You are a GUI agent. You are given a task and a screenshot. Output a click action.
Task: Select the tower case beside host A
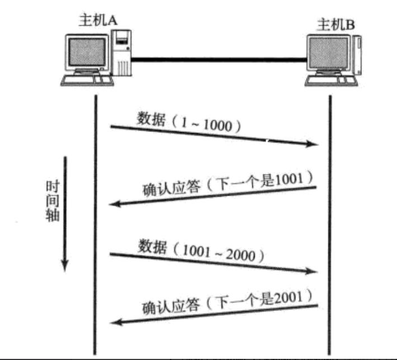[x=122, y=54]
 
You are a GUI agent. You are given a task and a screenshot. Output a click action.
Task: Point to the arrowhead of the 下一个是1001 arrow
[x=114, y=204]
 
